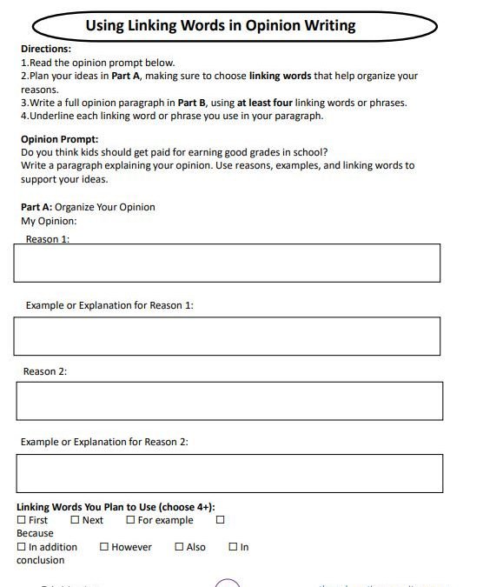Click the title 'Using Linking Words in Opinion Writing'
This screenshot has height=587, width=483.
coord(221,25)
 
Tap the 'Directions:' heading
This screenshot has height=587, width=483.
coord(45,50)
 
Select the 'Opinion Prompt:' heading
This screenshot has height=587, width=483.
coord(59,139)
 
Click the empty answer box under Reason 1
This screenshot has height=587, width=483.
coord(226,263)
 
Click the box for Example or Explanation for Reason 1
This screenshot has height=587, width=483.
coord(226,336)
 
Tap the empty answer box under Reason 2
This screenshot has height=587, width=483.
coord(228,401)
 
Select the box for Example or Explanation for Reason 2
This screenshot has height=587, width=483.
coord(228,473)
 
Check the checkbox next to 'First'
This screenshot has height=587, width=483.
coord(21,520)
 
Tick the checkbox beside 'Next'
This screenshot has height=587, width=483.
coord(75,520)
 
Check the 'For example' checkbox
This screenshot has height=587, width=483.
coord(130,520)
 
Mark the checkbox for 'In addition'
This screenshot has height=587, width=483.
coord(21,547)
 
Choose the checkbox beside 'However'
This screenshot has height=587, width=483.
coord(103,547)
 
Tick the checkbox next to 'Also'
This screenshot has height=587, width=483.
coord(179,547)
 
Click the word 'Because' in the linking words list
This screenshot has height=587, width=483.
coord(35,533)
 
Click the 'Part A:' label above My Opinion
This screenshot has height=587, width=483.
coord(36,207)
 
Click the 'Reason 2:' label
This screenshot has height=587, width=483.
coord(45,371)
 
